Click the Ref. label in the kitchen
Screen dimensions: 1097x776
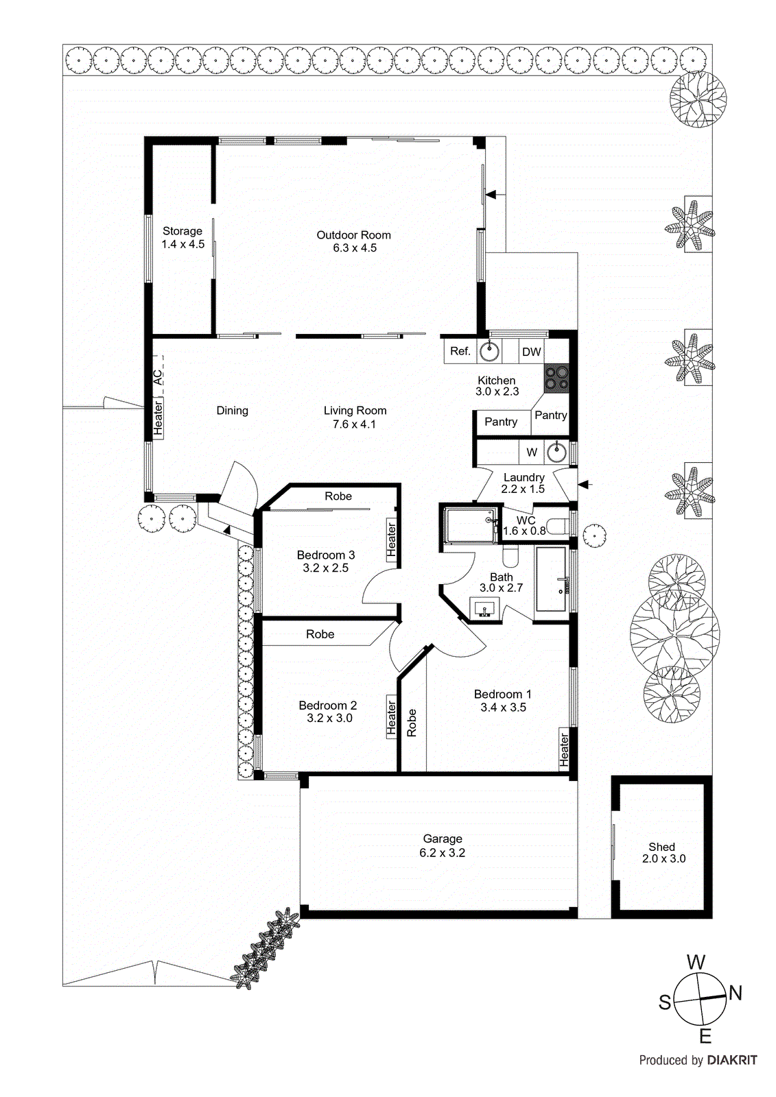tap(460, 351)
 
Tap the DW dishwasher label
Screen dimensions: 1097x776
tap(532, 352)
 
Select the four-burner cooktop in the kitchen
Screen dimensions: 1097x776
tap(556, 378)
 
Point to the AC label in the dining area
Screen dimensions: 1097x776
tap(158, 377)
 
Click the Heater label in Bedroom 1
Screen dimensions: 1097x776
tap(564, 749)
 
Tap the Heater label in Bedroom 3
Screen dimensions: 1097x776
tap(391, 540)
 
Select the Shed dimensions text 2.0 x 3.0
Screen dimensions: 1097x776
tap(663, 858)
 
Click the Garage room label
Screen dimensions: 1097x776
tap(443, 839)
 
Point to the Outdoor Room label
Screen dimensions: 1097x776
tap(353, 235)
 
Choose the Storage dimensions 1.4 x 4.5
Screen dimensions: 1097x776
tap(183, 244)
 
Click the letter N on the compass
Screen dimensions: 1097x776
tap(735, 992)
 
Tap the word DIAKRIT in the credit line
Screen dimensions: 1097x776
tap(731, 1060)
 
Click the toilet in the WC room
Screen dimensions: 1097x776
tap(559, 527)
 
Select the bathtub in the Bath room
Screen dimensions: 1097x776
tap(550, 579)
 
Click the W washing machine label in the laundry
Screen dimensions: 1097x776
tap(532, 452)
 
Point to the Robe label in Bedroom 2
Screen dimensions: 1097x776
tap(320, 634)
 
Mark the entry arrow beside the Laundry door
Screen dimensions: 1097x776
tap(585, 485)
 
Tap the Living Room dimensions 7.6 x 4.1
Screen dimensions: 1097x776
tap(354, 424)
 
